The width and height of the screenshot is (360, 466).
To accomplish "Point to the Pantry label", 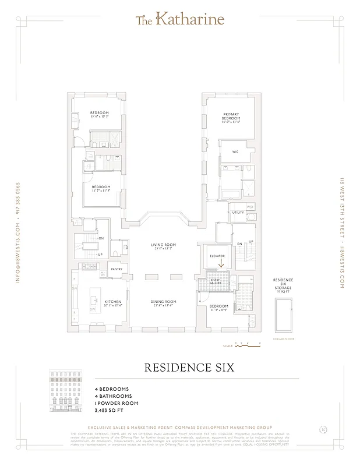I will click(x=117, y=269).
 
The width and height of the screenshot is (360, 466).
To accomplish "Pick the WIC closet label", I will click(x=235, y=151).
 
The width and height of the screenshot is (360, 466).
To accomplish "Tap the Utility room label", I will click(x=238, y=213).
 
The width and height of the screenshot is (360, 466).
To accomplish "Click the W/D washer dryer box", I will click(x=250, y=207).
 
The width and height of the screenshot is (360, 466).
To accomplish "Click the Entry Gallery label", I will click(x=214, y=281).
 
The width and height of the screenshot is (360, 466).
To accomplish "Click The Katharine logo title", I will click(x=179, y=20).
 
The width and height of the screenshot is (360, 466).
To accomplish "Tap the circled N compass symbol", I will click(x=323, y=430).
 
